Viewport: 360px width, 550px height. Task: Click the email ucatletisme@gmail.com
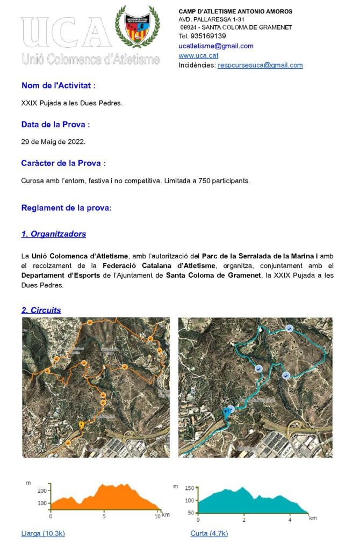point(215,46)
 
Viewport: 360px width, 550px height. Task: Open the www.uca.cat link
point(198,55)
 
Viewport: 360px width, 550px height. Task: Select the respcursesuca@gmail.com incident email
point(260,65)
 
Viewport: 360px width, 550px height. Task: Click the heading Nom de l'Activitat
point(59,85)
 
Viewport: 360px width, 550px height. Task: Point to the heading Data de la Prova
point(55,125)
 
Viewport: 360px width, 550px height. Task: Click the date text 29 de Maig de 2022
point(53,142)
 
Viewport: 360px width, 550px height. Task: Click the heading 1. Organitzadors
point(53,234)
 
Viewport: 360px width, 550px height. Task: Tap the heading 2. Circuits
point(41,310)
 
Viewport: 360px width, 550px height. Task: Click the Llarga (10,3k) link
point(43,533)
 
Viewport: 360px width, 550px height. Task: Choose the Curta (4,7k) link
point(209,533)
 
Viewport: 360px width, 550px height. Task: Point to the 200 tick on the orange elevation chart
point(42,490)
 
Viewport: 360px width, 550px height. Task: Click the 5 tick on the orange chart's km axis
point(104,516)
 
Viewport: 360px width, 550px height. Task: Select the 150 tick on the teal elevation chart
point(189,488)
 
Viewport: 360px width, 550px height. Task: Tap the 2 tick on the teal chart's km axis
point(244,520)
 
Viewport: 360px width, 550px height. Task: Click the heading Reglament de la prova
point(66,208)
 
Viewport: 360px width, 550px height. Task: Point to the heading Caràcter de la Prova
point(63,163)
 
